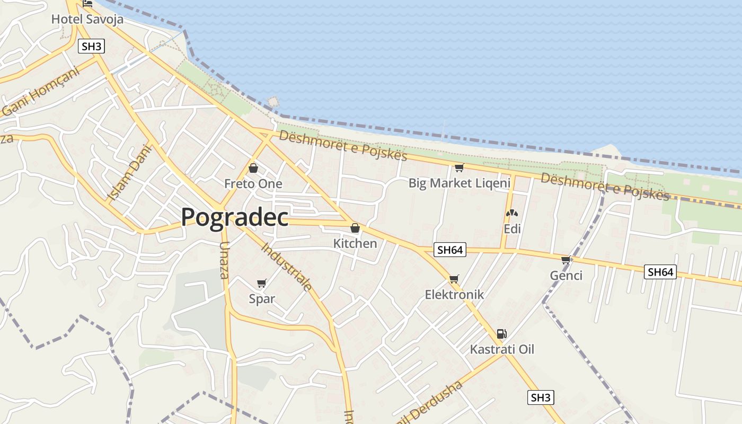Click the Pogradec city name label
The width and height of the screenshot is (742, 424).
pyautogui.click(x=235, y=217)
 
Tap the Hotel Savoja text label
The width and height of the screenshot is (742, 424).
pyautogui.click(x=87, y=20)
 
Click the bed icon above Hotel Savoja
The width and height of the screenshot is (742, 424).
pyautogui.click(x=87, y=4)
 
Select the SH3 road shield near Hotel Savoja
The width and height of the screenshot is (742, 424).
pyautogui.click(x=91, y=46)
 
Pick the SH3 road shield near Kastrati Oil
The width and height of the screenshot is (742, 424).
pyautogui.click(x=541, y=397)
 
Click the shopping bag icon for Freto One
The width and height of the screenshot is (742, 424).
pyautogui.click(x=253, y=169)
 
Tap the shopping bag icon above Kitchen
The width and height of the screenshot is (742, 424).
pyautogui.click(x=355, y=228)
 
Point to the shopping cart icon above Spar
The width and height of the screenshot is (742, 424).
pyautogui.click(x=261, y=283)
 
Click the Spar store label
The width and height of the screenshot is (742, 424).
pyautogui.click(x=262, y=298)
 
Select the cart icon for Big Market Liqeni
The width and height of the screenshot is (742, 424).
pyautogui.click(x=459, y=168)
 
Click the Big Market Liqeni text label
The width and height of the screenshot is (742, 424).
pyautogui.click(x=459, y=183)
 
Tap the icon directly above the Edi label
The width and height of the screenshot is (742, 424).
pyautogui.click(x=511, y=214)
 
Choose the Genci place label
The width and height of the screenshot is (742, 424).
pyautogui.click(x=566, y=275)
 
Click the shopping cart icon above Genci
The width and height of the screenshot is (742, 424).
pyautogui.click(x=566, y=260)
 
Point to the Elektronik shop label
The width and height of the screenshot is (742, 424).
pyautogui.click(x=454, y=295)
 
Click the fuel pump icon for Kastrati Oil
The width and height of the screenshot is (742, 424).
pyautogui.click(x=501, y=334)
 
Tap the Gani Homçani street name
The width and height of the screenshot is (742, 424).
pyautogui.click(x=41, y=92)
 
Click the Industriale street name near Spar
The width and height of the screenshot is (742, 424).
pyautogui.click(x=287, y=267)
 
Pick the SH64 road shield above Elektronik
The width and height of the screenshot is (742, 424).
pyautogui.click(x=449, y=250)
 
